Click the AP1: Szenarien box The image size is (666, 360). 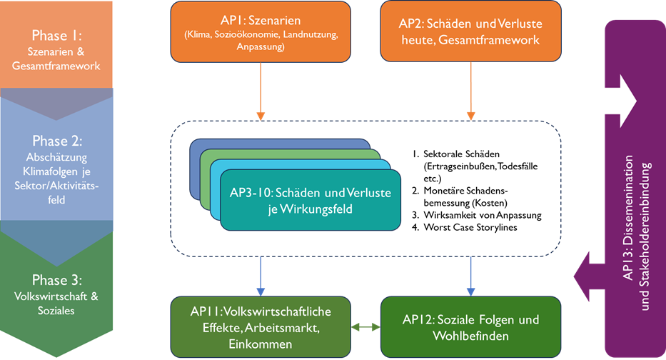tap(261, 31)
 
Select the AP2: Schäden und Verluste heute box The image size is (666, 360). tap(470, 31)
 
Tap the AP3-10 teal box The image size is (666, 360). tap(311, 200)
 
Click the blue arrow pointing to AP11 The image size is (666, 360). tap(261, 275)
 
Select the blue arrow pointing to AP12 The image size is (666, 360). tap(470, 275)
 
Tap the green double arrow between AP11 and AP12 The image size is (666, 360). tap(365, 327)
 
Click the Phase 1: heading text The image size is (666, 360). tap(57, 36)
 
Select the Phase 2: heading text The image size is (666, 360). tap(57, 141)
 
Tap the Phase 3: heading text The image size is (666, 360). tap(57, 279)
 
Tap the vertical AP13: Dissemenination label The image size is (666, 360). tap(628, 221)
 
